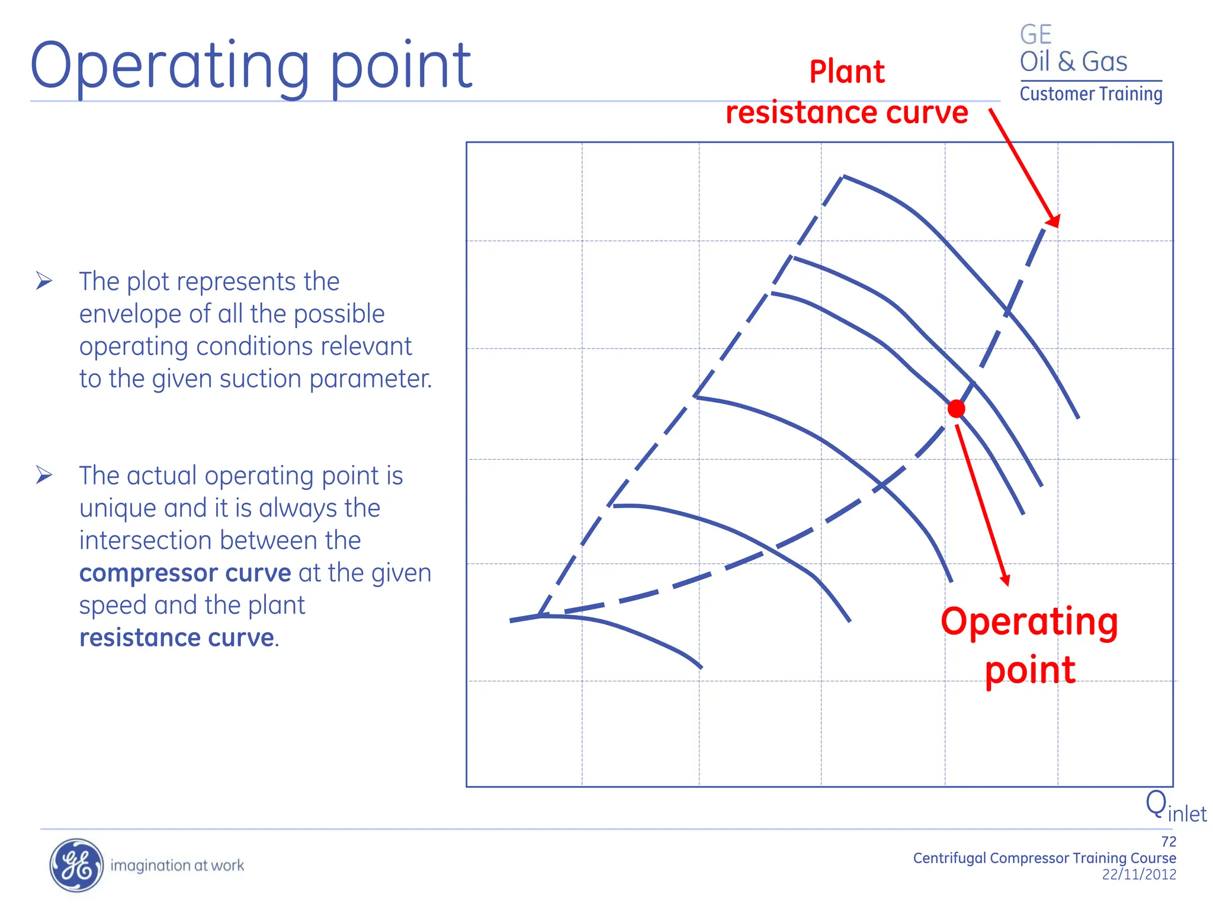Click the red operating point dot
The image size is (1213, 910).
956,409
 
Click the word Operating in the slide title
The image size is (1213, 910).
169,66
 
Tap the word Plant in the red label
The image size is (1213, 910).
846,72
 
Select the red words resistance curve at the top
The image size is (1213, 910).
846,113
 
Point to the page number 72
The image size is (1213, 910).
1168,841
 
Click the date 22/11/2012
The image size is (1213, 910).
1138,874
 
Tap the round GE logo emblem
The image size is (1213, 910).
76,865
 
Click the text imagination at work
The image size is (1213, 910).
177,866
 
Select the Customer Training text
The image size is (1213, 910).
1090,94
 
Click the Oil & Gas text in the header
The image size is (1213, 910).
1073,62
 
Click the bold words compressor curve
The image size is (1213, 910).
185,573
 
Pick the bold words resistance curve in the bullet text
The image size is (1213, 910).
177,638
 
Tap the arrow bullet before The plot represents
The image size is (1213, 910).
44,280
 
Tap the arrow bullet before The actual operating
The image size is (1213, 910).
44,475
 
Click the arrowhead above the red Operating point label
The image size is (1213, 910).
1005,579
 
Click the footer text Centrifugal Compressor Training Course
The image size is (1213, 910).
1044,858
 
